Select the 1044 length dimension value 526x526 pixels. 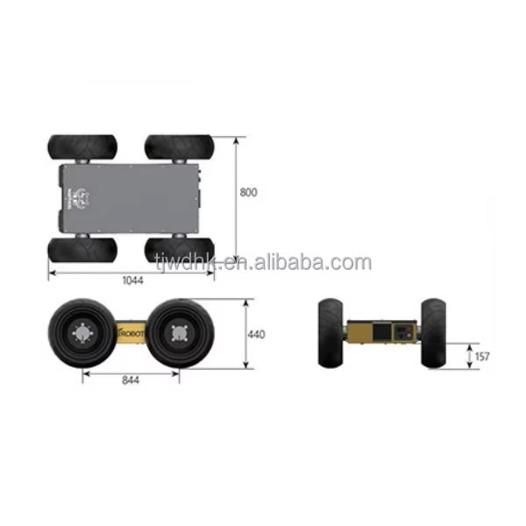tap(133, 281)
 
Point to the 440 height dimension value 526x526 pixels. tap(256, 334)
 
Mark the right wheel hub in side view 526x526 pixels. tap(179, 333)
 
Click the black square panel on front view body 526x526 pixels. tap(381, 331)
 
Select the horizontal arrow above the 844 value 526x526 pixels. tap(131, 369)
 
